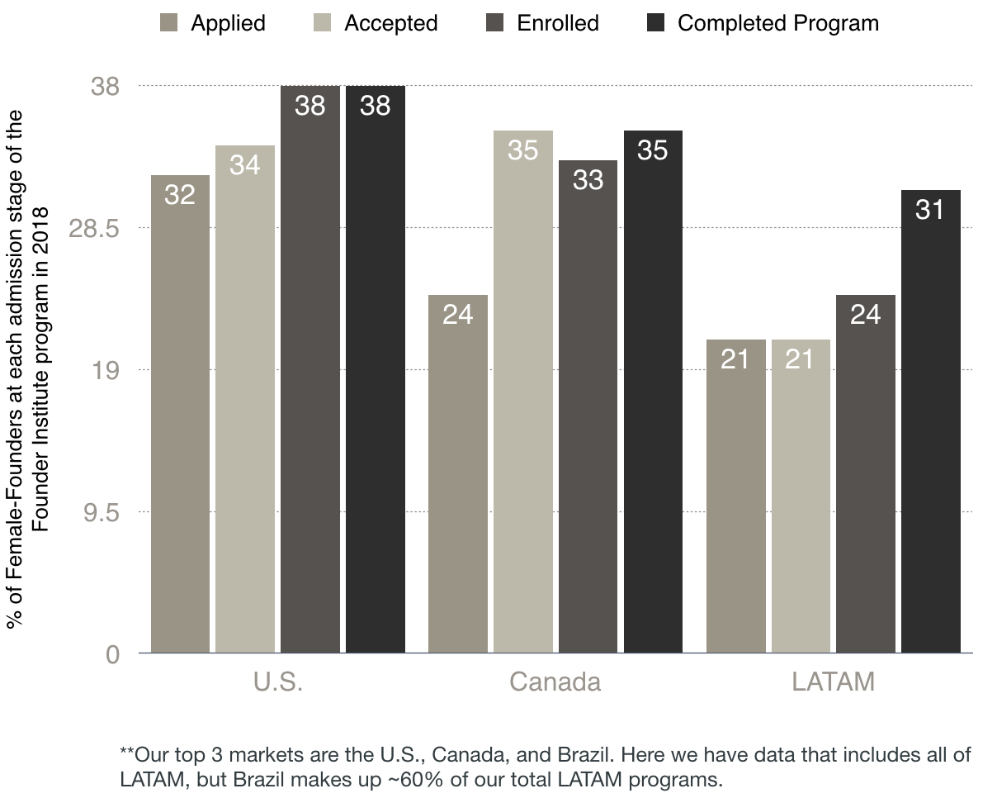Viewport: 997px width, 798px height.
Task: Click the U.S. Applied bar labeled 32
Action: pos(180,413)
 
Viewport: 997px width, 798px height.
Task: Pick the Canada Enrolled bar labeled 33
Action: pos(588,406)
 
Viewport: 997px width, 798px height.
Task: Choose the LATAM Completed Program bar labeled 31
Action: pos(930,421)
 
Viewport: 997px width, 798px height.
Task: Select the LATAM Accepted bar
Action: pos(801,496)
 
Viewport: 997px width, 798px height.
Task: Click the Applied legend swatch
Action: pos(168,22)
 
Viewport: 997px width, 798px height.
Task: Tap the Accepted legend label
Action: pos(390,23)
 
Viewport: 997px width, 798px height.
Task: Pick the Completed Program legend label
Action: pos(777,23)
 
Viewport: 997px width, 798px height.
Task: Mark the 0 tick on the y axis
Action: pos(112,653)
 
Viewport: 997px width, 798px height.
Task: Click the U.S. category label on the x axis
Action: pos(278,682)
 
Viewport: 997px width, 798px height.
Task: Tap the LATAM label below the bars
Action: pos(833,682)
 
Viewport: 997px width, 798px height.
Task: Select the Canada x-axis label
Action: pos(555,682)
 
